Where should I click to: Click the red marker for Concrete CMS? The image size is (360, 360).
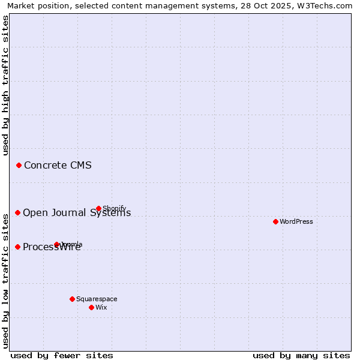click(x=19, y=165)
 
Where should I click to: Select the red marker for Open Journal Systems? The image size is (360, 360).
click(x=17, y=212)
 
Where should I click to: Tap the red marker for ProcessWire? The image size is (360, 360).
click(x=17, y=247)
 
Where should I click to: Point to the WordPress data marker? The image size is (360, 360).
click(x=275, y=221)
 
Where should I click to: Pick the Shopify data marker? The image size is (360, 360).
click(x=98, y=208)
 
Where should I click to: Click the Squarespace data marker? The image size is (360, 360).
click(x=72, y=299)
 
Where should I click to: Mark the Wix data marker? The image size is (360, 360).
click(x=91, y=307)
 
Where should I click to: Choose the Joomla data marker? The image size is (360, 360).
click(x=56, y=244)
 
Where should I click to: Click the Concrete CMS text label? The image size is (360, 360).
click(x=58, y=166)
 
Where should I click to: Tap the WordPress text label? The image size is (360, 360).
click(x=296, y=221)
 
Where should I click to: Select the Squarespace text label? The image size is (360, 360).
click(x=97, y=299)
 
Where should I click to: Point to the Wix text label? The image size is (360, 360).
click(x=101, y=307)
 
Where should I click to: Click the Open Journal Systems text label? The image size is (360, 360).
click(x=77, y=213)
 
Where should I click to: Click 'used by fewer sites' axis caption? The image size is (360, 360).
click(x=62, y=355)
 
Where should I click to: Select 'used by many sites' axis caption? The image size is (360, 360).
click(x=301, y=355)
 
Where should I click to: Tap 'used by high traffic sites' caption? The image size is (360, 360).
click(x=5, y=85)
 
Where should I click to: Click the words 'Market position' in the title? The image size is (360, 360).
click(x=35, y=5)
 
